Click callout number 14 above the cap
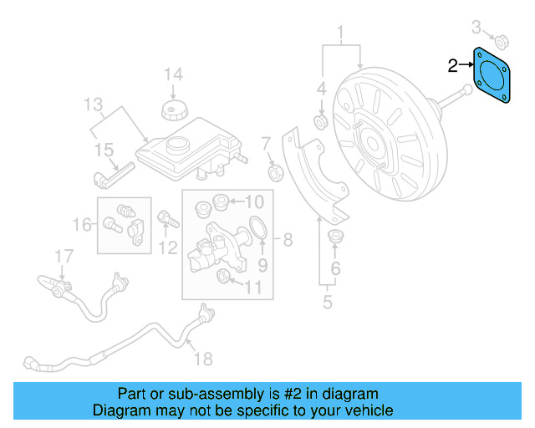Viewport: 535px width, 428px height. click(x=172, y=75)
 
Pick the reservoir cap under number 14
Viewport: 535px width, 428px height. click(x=173, y=112)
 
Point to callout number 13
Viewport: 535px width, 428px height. click(x=93, y=105)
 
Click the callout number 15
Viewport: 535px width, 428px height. click(x=104, y=150)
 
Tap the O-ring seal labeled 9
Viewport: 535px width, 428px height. click(x=260, y=227)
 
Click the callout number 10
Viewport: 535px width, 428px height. click(x=253, y=201)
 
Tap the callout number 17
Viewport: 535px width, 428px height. click(x=64, y=255)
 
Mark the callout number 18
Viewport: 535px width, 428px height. click(x=202, y=359)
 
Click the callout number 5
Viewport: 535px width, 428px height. click(x=328, y=301)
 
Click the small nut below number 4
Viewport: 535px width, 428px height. click(x=320, y=123)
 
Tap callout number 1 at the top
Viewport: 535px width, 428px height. click(x=340, y=33)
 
